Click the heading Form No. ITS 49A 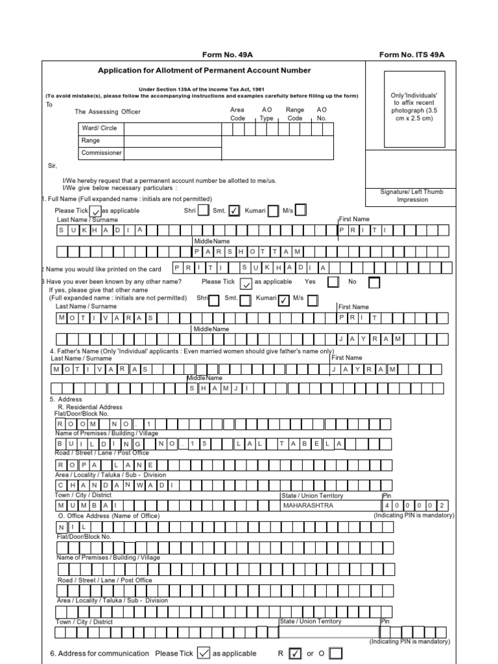coord(412,55)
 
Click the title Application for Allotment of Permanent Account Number coord(204,71)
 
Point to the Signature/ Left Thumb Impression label coord(412,196)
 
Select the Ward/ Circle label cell coord(101,128)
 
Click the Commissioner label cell coord(101,154)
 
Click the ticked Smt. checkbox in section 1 coord(234,211)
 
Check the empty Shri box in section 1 coord(203,210)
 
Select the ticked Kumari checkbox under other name coord(283,300)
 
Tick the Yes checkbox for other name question coord(333,282)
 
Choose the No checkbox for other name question coord(374,283)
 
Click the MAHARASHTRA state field coord(329,505)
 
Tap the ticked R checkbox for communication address coord(294,653)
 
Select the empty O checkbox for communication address coord(335,653)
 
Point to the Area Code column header coord(238,114)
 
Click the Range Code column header coord(295,114)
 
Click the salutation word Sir coord(53,166)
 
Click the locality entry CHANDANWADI coord(114,485)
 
